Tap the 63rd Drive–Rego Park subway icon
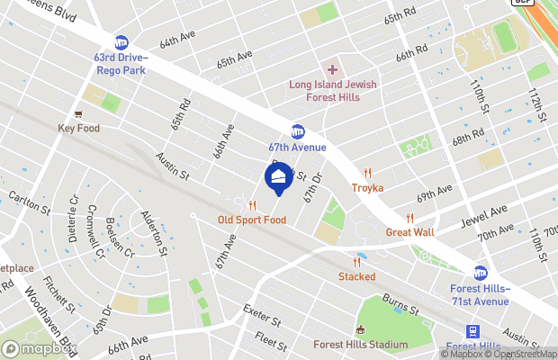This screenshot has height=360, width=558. tap(121, 42)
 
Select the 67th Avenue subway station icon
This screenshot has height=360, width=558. tap(298, 131)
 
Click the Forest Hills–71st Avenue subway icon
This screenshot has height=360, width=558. tap(481, 272)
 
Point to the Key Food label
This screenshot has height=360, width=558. tap(79, 128)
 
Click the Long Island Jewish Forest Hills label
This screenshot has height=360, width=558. tap(332, 93)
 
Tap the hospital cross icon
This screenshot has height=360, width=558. tap(332, 69)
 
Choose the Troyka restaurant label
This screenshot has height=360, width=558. tap(367, 187)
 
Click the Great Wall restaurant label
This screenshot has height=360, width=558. tap(409, 231)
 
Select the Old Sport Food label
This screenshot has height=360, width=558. tap(252, 220)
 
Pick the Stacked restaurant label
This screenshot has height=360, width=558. tap(357, 275)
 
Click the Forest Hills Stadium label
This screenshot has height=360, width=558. tap(360, 344)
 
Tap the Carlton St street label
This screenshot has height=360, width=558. tap(31, 202)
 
